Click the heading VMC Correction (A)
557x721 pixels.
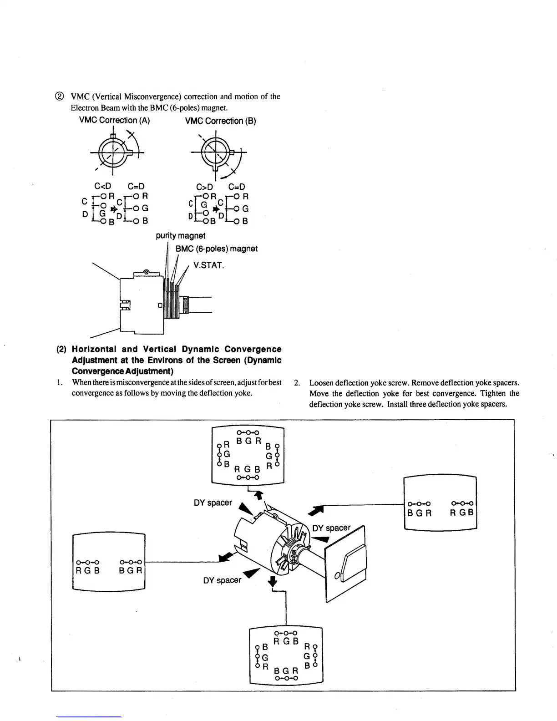[x=114, y=120]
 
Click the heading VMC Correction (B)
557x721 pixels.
[x=220, y=121]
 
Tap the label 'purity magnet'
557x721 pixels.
[x=180, y=236]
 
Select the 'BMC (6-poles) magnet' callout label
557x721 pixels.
[x=217, y=249]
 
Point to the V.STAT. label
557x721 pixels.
[x=208, y=265]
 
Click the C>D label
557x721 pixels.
[x=204, y=187]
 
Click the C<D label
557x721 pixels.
[x=102, y=187]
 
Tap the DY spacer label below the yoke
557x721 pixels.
[x=222, y=580]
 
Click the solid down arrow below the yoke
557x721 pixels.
[x=273, y=581]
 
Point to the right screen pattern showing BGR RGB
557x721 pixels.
[x=440, y=503]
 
